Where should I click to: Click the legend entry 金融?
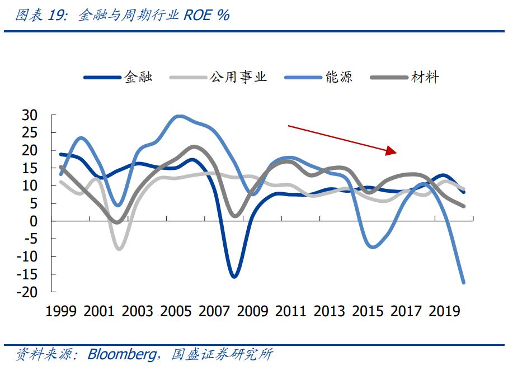coord(138,77)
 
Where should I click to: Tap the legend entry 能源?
coord(339,77)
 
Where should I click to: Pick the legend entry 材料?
coord(426,77)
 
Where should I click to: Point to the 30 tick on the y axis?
coord(30,116)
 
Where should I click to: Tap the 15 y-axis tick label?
coord(30,168)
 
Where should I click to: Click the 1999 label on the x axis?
coord(61,311)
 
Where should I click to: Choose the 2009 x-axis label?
coord(253,311)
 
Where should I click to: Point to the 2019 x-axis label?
coord(444,311)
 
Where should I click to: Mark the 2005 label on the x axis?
coord(176,311)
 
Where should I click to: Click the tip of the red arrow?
coord(397,151)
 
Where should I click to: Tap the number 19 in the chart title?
coord(58,15)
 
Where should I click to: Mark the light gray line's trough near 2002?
coord(119,249)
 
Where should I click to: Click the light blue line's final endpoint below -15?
coord(463,283)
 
